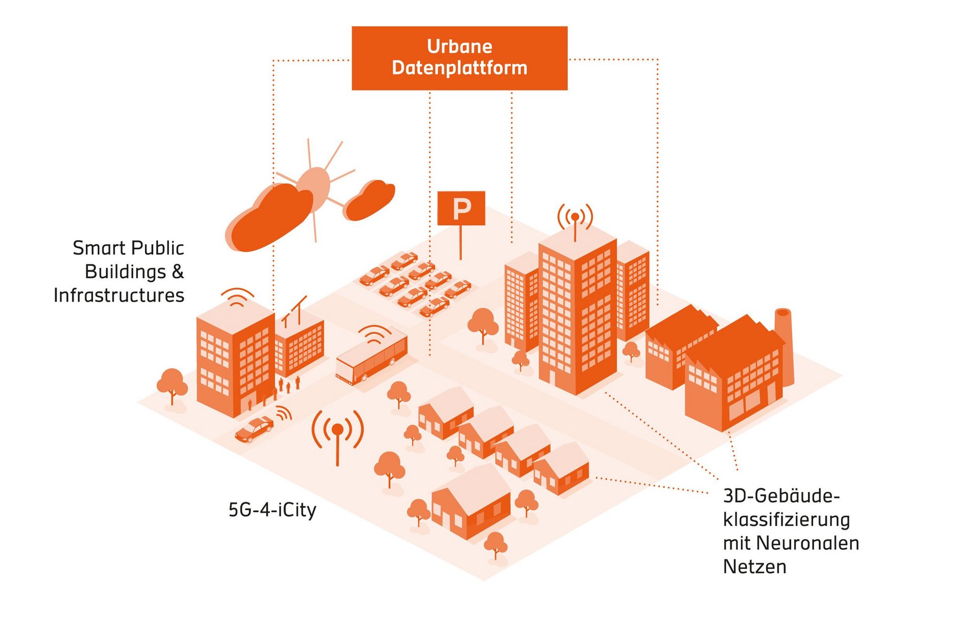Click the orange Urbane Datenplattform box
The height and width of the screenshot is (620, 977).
459,58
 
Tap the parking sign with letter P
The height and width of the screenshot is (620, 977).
461,208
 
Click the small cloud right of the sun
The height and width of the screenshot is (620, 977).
370,200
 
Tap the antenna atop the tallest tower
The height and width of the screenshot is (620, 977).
575,219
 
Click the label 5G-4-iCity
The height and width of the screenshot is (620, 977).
272,510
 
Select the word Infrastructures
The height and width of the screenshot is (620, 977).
119,295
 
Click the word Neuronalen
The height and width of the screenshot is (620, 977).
808,543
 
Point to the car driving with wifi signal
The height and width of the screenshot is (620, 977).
254,428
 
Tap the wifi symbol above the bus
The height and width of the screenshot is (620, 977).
375,334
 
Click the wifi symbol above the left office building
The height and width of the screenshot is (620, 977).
237,297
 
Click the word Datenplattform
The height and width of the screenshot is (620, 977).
459,68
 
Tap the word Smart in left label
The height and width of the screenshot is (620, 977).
99,248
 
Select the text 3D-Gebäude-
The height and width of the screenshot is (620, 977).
781,496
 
